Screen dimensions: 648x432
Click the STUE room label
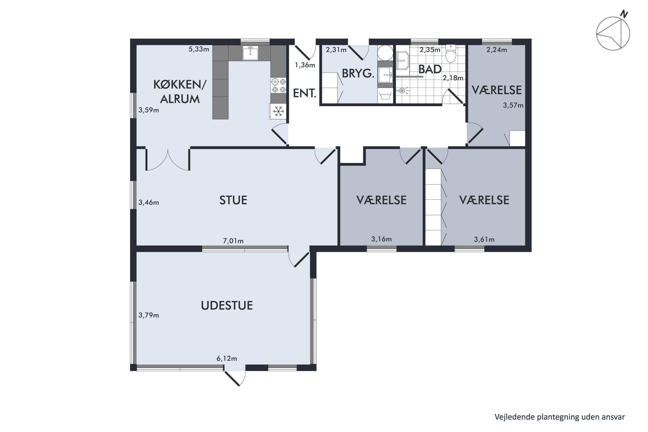click(x=233, y=200)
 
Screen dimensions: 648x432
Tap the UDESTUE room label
click(x=227, y=306)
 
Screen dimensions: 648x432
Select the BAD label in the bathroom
click(x=430, y=69)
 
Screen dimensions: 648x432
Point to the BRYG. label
click(x=358, y=74)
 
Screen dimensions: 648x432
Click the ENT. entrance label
click(x=304, y=94)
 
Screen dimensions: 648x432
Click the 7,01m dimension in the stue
click(x=233, y=241)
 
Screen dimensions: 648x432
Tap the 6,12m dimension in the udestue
click(x=227, y=358)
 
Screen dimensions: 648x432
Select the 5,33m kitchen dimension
click(x=199, y=49)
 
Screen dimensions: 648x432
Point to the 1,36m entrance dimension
click(x=305, y=65)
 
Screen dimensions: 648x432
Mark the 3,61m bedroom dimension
click(x=484, y=239)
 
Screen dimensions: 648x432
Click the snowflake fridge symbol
click(x=278, y=111)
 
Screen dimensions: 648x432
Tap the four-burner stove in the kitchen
click(x=279, y=85)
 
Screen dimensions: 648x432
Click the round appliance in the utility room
click(x=385, y=53)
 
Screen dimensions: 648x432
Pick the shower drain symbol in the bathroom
click(x=402, y=90)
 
